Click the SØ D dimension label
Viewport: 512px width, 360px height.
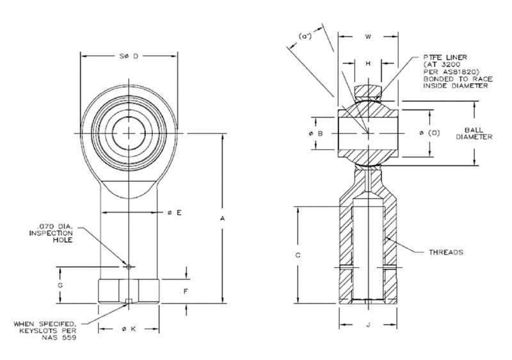click(x=130, y=56)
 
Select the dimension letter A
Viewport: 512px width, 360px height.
click(x=223, y=219)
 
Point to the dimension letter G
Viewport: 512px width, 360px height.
click(x=60, y=284)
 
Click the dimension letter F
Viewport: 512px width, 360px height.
click(x=185, y=291)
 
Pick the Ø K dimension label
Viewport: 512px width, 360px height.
click(x=130, y=329)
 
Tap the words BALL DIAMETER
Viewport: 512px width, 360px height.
click(x=477, y=133)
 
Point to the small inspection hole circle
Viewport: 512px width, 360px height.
click(x=129, y=266)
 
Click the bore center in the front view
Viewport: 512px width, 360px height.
click(x=130, y=133)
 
